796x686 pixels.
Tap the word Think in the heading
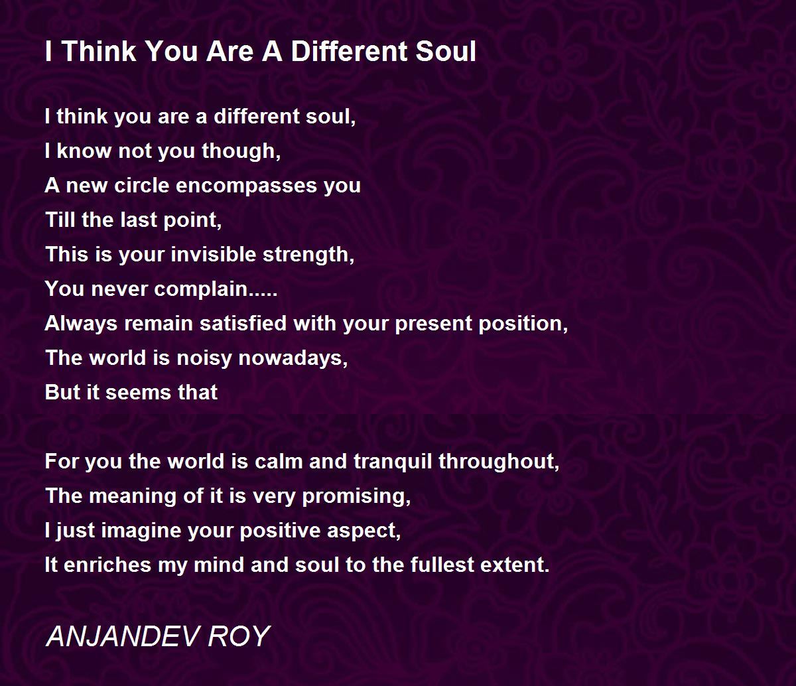(x=99, y=51)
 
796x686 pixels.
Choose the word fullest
(x=442, y=565)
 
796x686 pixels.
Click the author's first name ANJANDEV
(x=123, y=636)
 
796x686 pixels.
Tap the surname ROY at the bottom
(x=239, y=636)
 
